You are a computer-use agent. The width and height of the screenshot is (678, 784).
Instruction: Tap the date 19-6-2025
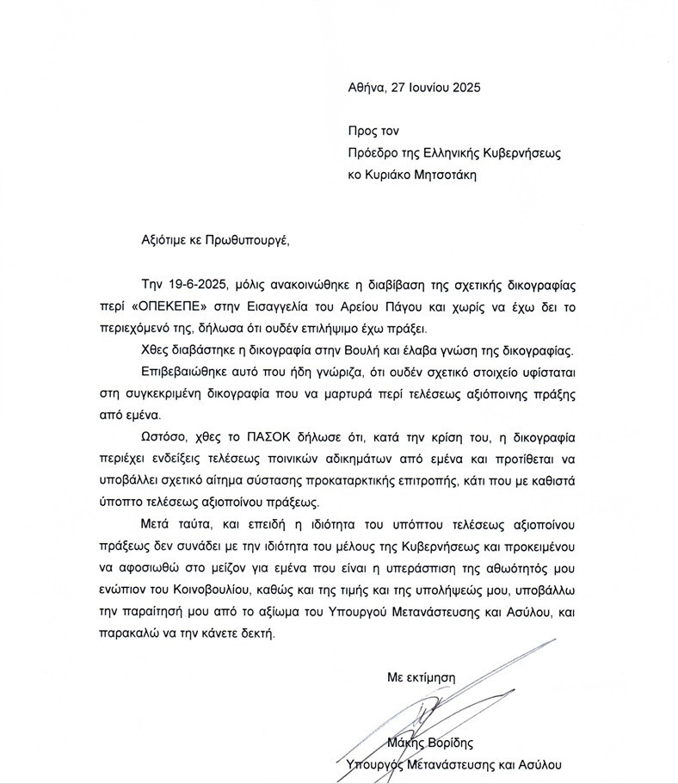pyautogui.click(x=199, y=286)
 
